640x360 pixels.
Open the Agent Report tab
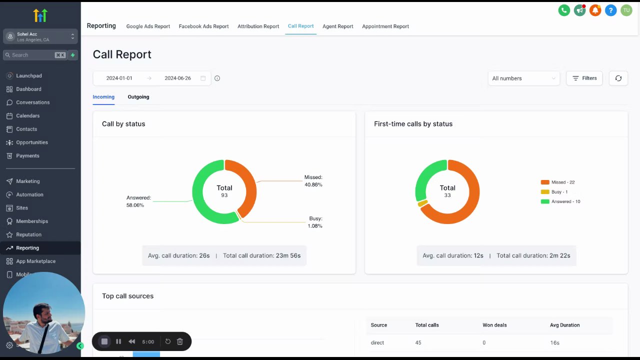(x=337, y=26)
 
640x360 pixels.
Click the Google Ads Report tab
(x=148, y=26)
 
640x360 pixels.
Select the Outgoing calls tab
(x=138, y=97)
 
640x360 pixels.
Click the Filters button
(x=584, y=78)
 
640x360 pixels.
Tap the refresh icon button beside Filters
(x=618, y=78)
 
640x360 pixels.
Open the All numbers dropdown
(x=523, y=78)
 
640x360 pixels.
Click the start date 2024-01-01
(x=119, y=78)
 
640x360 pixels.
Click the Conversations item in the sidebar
(x=32, y=102)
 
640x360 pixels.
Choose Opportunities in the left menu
(x=32, y=142)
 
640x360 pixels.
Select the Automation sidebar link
(x=29, y=194)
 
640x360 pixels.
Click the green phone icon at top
(x=564, y=10)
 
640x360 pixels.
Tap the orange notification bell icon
(x=595, y=10)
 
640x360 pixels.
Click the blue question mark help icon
(x=610, y=10)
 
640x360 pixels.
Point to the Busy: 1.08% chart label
(x=315, y=222)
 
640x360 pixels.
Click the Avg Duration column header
(x=564, y=325)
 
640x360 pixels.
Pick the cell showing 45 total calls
(x=418, y=342)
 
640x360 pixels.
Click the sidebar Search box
(x=35, y=55)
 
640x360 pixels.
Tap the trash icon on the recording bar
(x=180, y=341)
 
